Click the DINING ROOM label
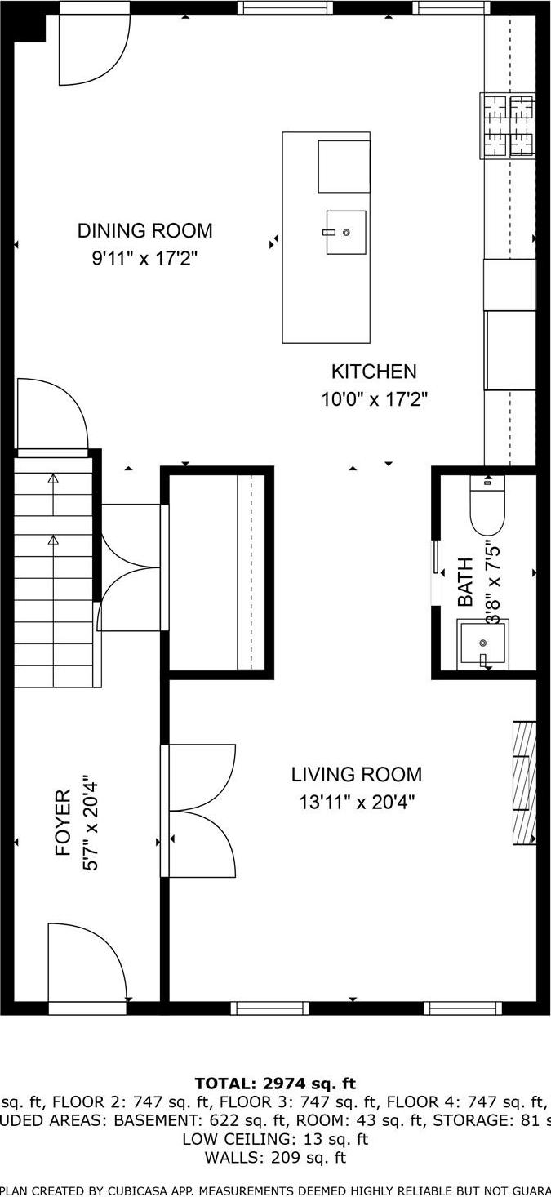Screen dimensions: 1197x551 click(144, 231)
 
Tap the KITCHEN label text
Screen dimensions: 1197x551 click(373, 372)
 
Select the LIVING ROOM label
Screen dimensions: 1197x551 click(357, 774)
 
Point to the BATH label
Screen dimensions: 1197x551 click(465, 581)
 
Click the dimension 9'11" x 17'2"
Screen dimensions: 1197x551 click(144, 260)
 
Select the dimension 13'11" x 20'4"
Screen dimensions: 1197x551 click(357, 803)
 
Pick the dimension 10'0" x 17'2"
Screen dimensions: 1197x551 click(373, 400)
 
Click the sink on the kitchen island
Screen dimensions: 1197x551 click(345, 233)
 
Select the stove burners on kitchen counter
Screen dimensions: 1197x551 click(509, 125)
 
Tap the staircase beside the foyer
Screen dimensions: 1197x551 click(53, 572)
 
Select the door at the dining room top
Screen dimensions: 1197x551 click(93, 49)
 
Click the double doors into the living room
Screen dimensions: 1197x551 click(201, 811)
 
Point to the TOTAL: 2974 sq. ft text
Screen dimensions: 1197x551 click(275, 1084)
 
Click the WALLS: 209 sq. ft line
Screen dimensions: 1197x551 click(275, 1157)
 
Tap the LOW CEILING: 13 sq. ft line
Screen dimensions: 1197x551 click(275, 1139)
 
